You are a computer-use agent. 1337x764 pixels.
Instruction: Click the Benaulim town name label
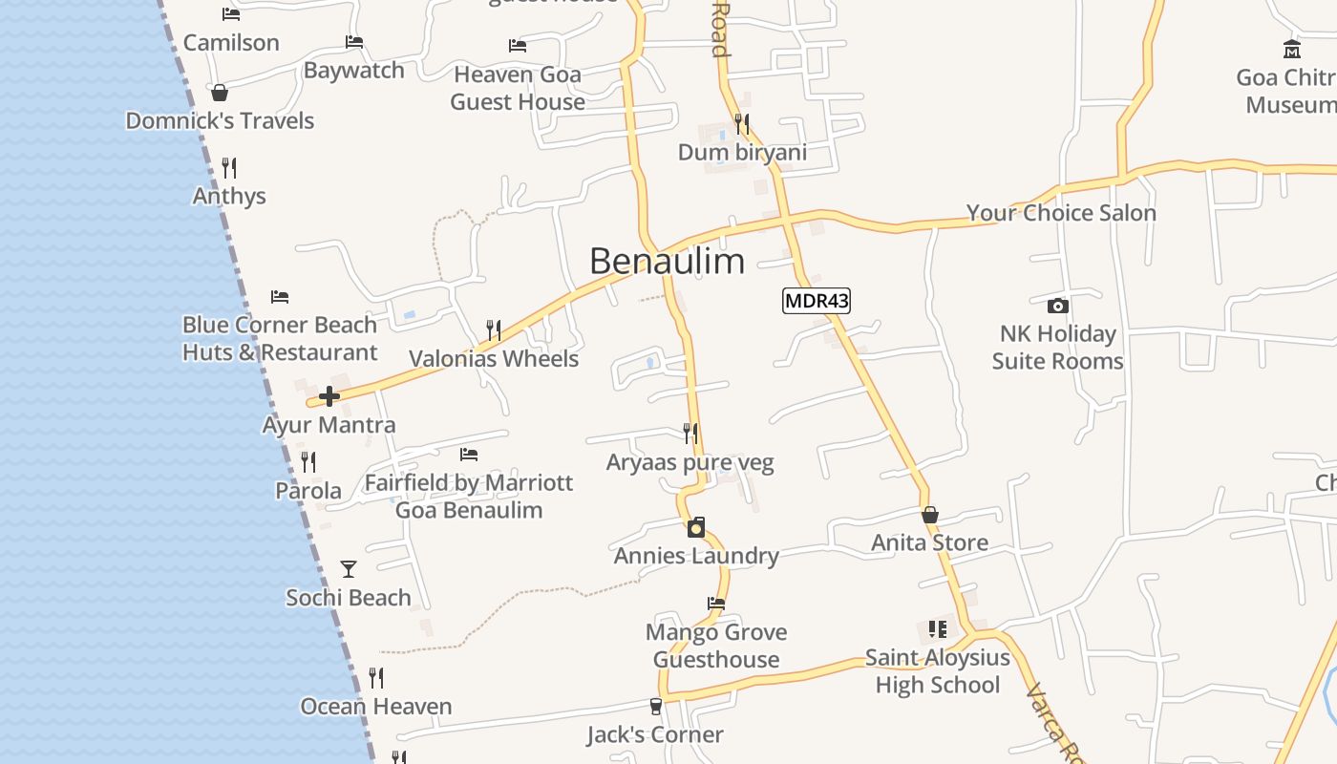click(x=667, y=261)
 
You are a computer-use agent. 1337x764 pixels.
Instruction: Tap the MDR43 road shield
click(x=817, y=301)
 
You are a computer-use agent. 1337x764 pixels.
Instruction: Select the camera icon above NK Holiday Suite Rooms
click(x=1057, y=306)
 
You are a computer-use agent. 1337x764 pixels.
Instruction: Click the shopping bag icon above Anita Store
click(x=930, y=515)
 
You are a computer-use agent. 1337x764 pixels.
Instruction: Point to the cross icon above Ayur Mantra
click(x=329, y=396)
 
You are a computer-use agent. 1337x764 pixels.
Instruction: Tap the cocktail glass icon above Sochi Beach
click(x=349, y=569)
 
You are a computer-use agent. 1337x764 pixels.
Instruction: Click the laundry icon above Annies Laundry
click(x=696, y=527)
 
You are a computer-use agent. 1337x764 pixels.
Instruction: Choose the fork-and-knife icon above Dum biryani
click(x=742, y=124)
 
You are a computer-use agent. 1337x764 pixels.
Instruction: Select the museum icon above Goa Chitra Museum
click(x=1292, y=49)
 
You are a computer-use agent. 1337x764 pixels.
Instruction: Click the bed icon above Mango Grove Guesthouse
click(x=715, y=603)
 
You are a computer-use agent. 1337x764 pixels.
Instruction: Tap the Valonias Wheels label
click(x=494, y=359)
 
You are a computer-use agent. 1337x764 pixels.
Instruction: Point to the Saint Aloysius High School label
click(x=937, y=671)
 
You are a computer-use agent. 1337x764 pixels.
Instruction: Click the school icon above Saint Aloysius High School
click(x=937, y=628)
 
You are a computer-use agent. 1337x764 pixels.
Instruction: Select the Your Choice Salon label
click(x=1061, y=213)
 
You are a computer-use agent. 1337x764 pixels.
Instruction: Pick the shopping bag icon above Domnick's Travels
click(x=220, y=93)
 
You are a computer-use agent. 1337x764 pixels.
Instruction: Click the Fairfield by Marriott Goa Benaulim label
click(x=469, y=496)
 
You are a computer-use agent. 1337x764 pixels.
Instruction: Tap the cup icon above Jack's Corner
click(x=655, y=707)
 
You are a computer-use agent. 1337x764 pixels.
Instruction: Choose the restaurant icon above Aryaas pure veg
click(x=690, y=434)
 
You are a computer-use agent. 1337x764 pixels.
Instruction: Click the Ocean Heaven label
click(x=376, y=707)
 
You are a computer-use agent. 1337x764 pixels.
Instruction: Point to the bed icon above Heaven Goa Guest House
click(x=518, y=46)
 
